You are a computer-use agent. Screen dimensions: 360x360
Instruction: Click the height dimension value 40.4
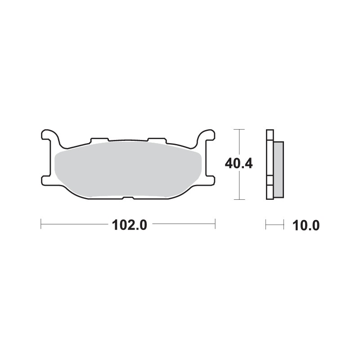tap(238, 164)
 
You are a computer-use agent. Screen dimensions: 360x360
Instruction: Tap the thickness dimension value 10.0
tap(306, 225)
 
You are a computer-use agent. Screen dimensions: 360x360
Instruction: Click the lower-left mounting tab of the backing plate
tap(46, 180)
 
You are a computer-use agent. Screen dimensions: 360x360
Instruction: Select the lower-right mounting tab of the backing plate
tap(210, 180)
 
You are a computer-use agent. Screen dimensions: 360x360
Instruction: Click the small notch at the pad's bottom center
tap(128, 198)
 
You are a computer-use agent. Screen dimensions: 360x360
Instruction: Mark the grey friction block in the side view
tap(279, 169)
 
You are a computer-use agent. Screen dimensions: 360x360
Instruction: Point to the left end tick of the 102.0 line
tap(41, 224)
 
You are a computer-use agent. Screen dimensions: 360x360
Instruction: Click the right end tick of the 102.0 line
tap(215, 224)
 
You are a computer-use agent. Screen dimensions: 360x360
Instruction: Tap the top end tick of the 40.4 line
tap(239, 130)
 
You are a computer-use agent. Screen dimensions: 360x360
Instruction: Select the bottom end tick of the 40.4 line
tap(239, 199)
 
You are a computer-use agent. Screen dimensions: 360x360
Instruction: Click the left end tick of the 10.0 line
tap(266, 224)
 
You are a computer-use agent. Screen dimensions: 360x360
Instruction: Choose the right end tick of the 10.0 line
tap(283, 224)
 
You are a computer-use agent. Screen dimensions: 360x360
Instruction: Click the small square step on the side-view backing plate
tap(269, 180)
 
